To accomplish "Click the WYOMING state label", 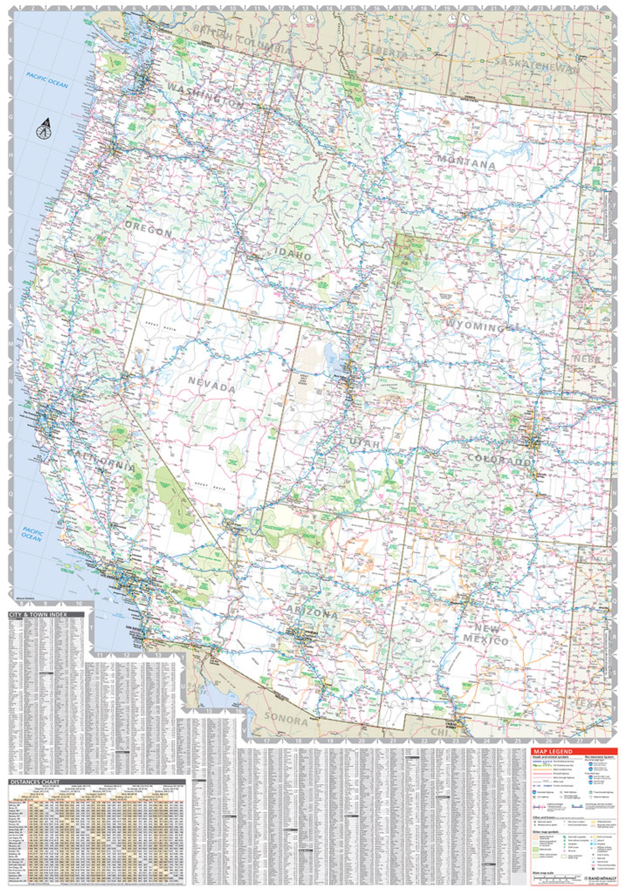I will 476,325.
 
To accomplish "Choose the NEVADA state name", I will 212,384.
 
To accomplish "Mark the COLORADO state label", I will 499,459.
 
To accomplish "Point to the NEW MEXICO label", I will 486,634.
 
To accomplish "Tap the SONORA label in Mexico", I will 286,719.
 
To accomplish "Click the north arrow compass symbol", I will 44,129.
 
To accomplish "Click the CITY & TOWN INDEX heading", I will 38,614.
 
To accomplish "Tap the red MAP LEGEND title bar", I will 574,751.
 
